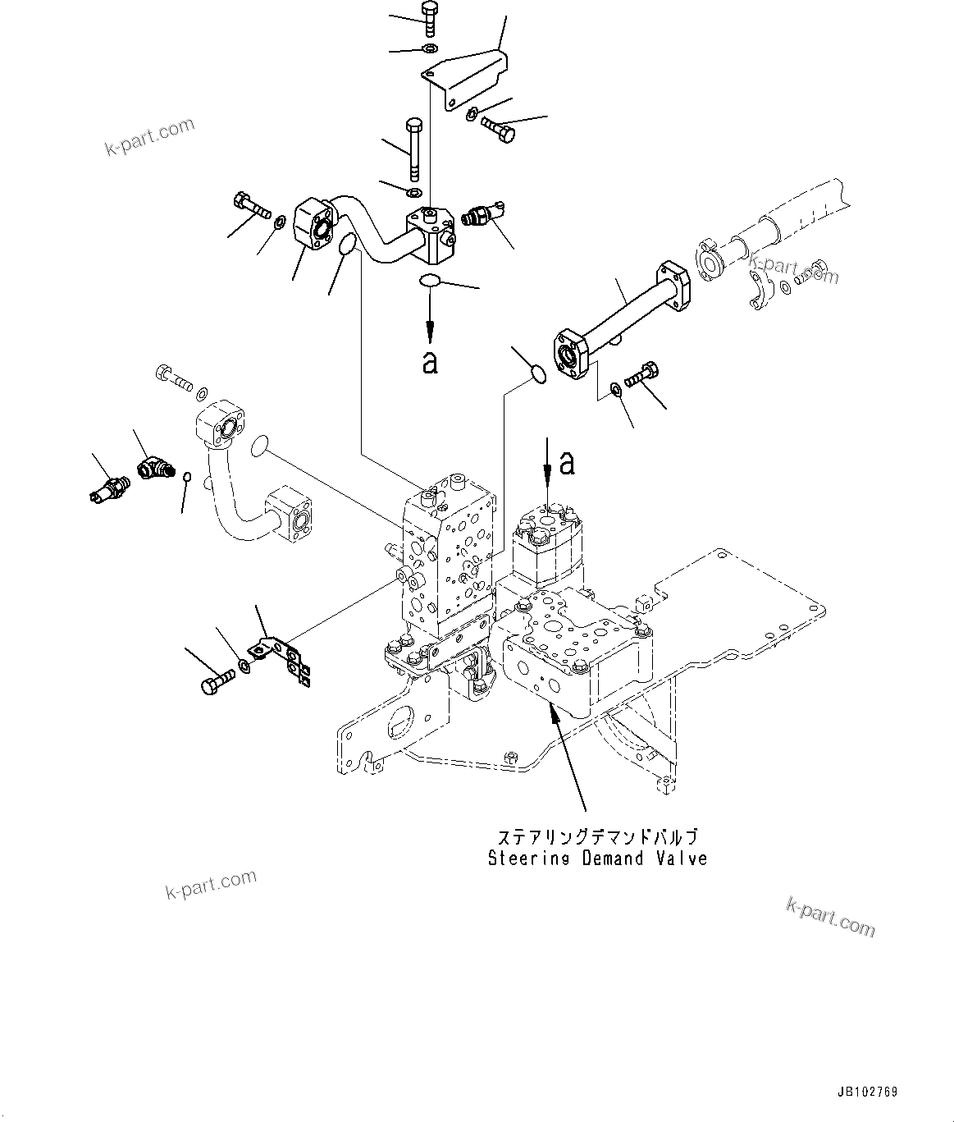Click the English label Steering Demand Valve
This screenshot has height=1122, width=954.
597,859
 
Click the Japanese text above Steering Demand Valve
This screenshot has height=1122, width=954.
597,838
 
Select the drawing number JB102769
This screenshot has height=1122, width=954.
868,1092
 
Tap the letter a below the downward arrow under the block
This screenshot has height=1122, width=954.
430,361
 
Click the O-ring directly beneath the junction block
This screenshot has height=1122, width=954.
429,282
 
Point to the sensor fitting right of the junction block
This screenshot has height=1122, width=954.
483,215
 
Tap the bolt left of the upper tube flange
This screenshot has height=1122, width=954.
251,205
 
